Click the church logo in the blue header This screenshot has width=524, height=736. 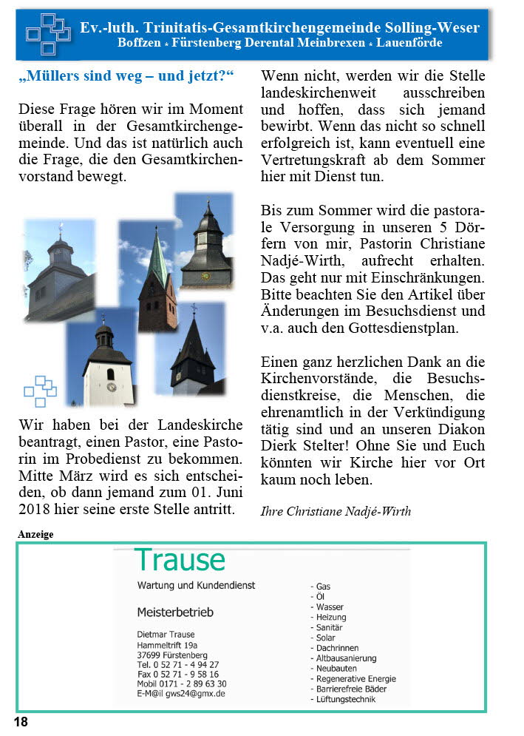(x=48, y=34)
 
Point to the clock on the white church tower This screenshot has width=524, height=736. (x=111, y=386)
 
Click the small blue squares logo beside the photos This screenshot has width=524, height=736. (x=40, y=391)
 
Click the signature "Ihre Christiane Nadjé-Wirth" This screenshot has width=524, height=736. (x=336, y=511)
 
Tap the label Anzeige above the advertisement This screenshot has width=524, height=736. (x=35, y=533)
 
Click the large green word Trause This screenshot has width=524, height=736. (x=180, y=560)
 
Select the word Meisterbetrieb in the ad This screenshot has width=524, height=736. (x=175, y=612)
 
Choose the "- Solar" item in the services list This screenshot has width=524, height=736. (x=322, y=638)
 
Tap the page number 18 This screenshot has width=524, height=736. (x=21, y=722)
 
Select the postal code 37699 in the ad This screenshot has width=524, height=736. (x=152, y=655)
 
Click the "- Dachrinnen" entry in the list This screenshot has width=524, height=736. (x=334, y=648)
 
